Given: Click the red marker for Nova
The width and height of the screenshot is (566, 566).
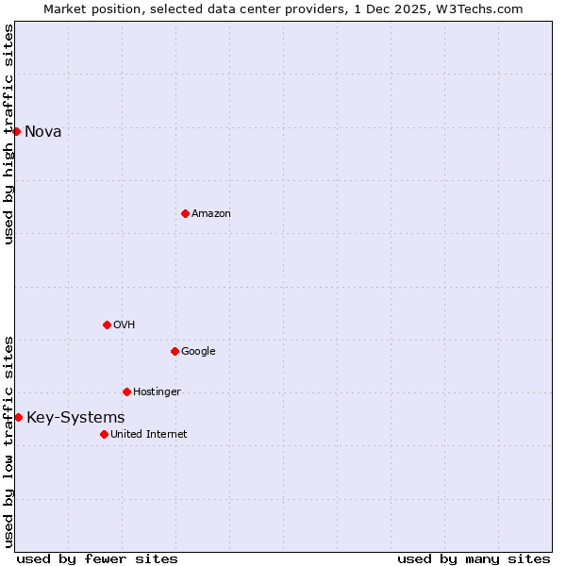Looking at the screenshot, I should (16, 131).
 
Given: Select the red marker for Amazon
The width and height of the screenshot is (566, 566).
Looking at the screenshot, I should (185, 213).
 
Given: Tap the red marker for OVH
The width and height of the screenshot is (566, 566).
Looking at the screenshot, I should (107, 325).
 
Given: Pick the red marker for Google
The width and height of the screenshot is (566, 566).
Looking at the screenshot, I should (175, 351).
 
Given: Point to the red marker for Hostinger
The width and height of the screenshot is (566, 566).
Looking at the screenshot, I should (126, 391).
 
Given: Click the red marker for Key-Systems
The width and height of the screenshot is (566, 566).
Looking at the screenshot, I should (18, 417).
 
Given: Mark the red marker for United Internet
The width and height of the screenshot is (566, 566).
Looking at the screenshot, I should (104, 434).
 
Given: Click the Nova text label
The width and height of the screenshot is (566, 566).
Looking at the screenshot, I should (43, 131).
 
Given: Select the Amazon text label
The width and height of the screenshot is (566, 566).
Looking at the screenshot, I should (211, 214).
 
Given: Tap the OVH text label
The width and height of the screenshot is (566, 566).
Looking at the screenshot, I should (125, 325).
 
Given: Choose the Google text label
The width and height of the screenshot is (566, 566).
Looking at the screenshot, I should (198, 352).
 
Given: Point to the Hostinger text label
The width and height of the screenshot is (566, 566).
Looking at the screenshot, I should (157, 392).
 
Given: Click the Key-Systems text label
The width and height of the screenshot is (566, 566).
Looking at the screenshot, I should (75, 418).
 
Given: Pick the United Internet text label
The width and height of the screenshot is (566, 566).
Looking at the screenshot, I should (148, 435).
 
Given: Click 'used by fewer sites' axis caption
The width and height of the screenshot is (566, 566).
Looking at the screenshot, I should (97, 558).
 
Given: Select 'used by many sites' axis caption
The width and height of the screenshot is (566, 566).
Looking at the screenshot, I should (474, 558).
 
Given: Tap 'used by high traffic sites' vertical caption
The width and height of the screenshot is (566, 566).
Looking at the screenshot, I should (8, 134).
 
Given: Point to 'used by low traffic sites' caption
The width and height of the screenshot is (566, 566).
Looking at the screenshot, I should (8, 441).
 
